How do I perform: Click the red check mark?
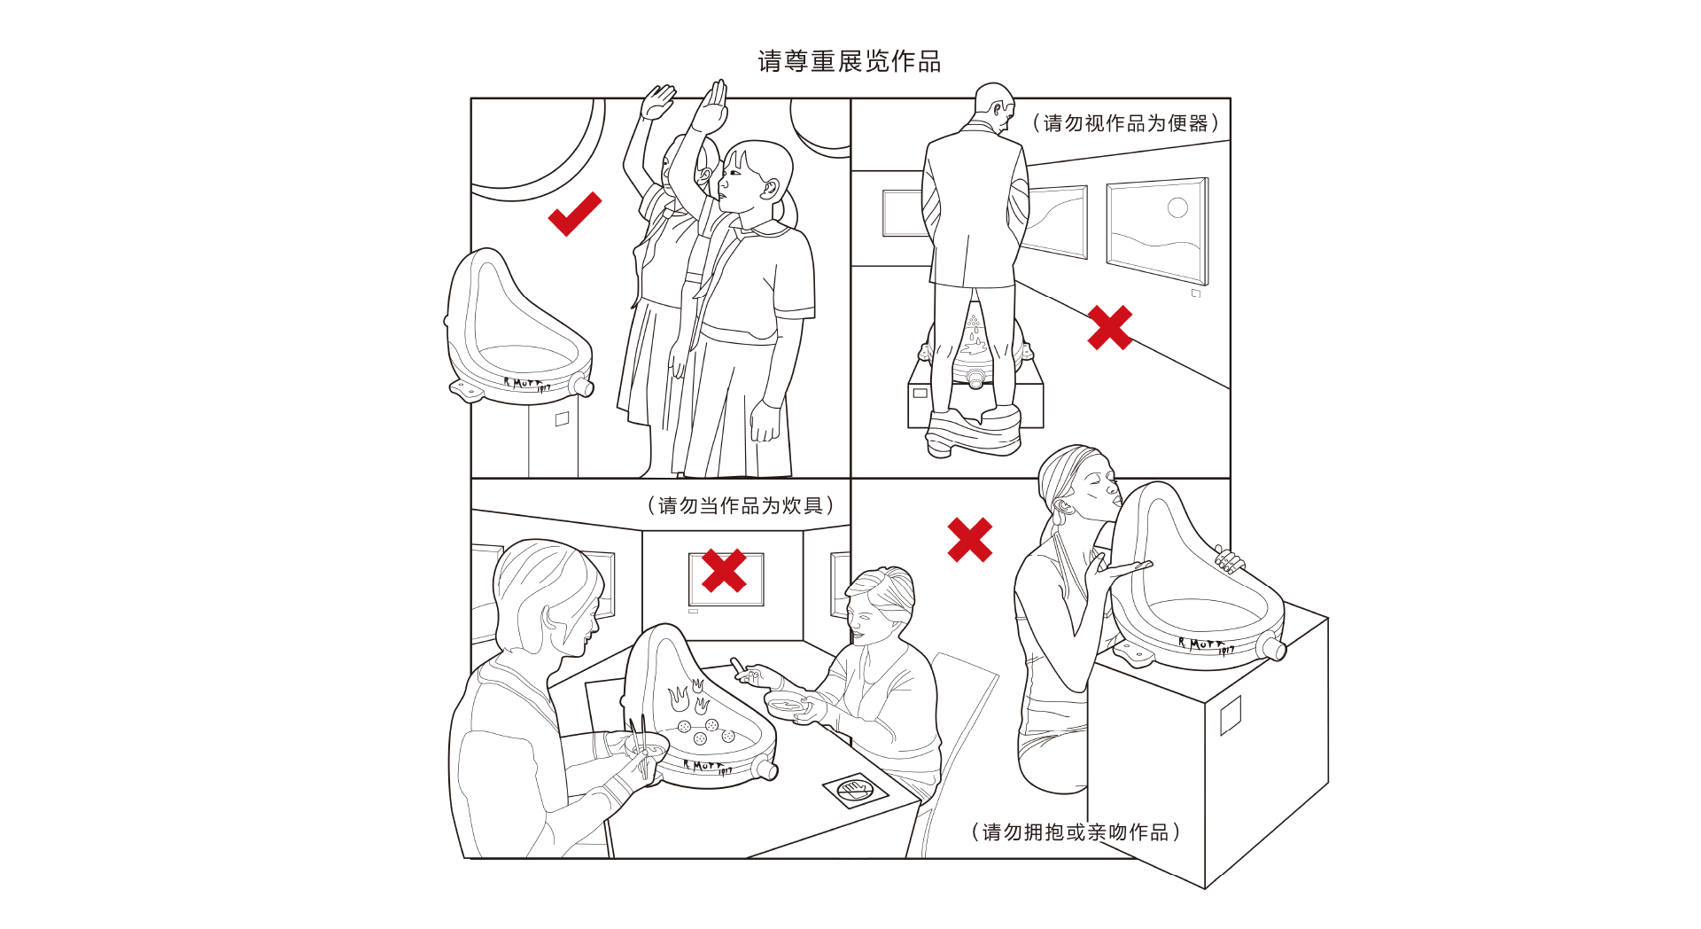pyautogui.click(x=574, y=215)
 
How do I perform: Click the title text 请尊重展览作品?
pyautogui.click(x=850, y=61)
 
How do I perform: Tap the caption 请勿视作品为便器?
pyautogui.click(x=1126, y=123)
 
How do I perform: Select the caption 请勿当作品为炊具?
pyautogui.click(x=741, y=505)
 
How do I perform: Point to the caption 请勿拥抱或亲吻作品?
pyautogui.click(x=1076, y=831)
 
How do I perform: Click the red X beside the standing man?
pyautogui.click(x=1110, y=328)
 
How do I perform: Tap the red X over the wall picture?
pyautogui.click(x=724, y=570)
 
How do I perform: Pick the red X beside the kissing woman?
pyautogui.click(x=970, y=540)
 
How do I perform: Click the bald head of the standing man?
pyautogui.click(x=993, y=104)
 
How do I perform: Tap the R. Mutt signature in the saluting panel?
pyautogui.click(x=527, y=384)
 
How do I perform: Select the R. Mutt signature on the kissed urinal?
pyautogui.click(x=1206, y=645)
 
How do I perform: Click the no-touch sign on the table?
pyautogui.click(x=855, y=789)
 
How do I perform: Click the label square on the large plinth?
pyautogui.click(x=1231, y=715)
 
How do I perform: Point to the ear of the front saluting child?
pyautogui.click(x=770, y=189)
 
